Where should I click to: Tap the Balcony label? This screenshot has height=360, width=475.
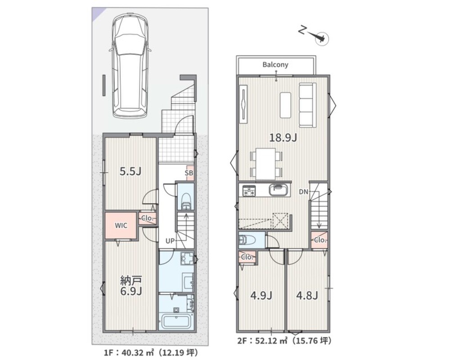click(x=276, y=64)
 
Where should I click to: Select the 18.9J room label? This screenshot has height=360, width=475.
click(x=283, y=138)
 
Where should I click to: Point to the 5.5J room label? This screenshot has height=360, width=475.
click(x=130, y=171)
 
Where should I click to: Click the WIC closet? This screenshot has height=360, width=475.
click(x=121, y=225)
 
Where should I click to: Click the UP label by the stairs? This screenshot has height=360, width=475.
click(x=170, y=241)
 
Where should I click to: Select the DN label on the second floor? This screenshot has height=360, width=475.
click(x=303, y=192)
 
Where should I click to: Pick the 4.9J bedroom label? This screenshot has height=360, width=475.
click(x=261, y=295)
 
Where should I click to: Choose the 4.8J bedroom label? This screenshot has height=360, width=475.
click(x=307, y=295)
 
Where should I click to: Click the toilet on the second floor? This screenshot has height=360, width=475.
click(x=247, y=240)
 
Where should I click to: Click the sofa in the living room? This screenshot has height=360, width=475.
click(x=308, y=105)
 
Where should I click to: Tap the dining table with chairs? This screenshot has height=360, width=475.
click(x=266, y=164)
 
